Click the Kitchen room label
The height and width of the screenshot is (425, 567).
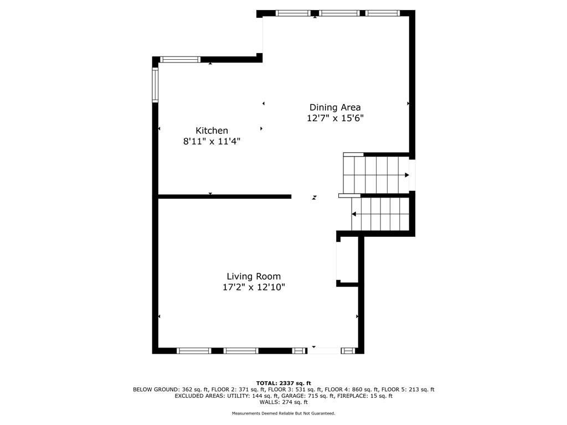pyautogui.click(x=212, y=131)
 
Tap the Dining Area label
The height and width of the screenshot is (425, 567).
pyautogui.click(x=335, y=107)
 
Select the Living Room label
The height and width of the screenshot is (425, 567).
pyautogui.click(x=254, y=277)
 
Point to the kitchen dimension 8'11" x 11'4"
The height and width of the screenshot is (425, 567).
pyautogui.click(x=212, y=141)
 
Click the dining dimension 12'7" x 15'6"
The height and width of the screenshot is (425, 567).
pyautogui.click(x=335, y=118)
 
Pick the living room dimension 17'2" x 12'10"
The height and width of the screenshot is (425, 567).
pyautogui.click(x=254, y=287)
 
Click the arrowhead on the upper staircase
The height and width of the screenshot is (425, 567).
pyautogui.click(x=407, y=175)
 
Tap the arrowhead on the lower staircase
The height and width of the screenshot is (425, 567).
pyautogui.click(x=354, y=214)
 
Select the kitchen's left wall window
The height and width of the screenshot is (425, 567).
pyautogui.click(x=155, y=85)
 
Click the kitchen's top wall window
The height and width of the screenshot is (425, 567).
pyautogui.click(x=180, y=60)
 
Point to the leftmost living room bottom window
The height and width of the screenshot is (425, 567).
pyautogui.click(x=194, y=350)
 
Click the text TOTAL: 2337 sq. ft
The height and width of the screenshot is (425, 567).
pyautogui.click(x=283, y=383)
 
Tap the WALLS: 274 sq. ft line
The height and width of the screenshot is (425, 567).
pyautogui.click(x=283, y=402)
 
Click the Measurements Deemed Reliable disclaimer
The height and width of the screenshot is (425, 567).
pyautogui.click(x=283, y=413)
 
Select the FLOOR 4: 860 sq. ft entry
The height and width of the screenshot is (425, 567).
pyautogui.click(x=352, y=390)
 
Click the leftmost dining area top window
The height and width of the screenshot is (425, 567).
pyautogui.click(x=293, y=13)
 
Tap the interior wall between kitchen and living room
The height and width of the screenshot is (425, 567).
pyautogui.click(x=225, y=196)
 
